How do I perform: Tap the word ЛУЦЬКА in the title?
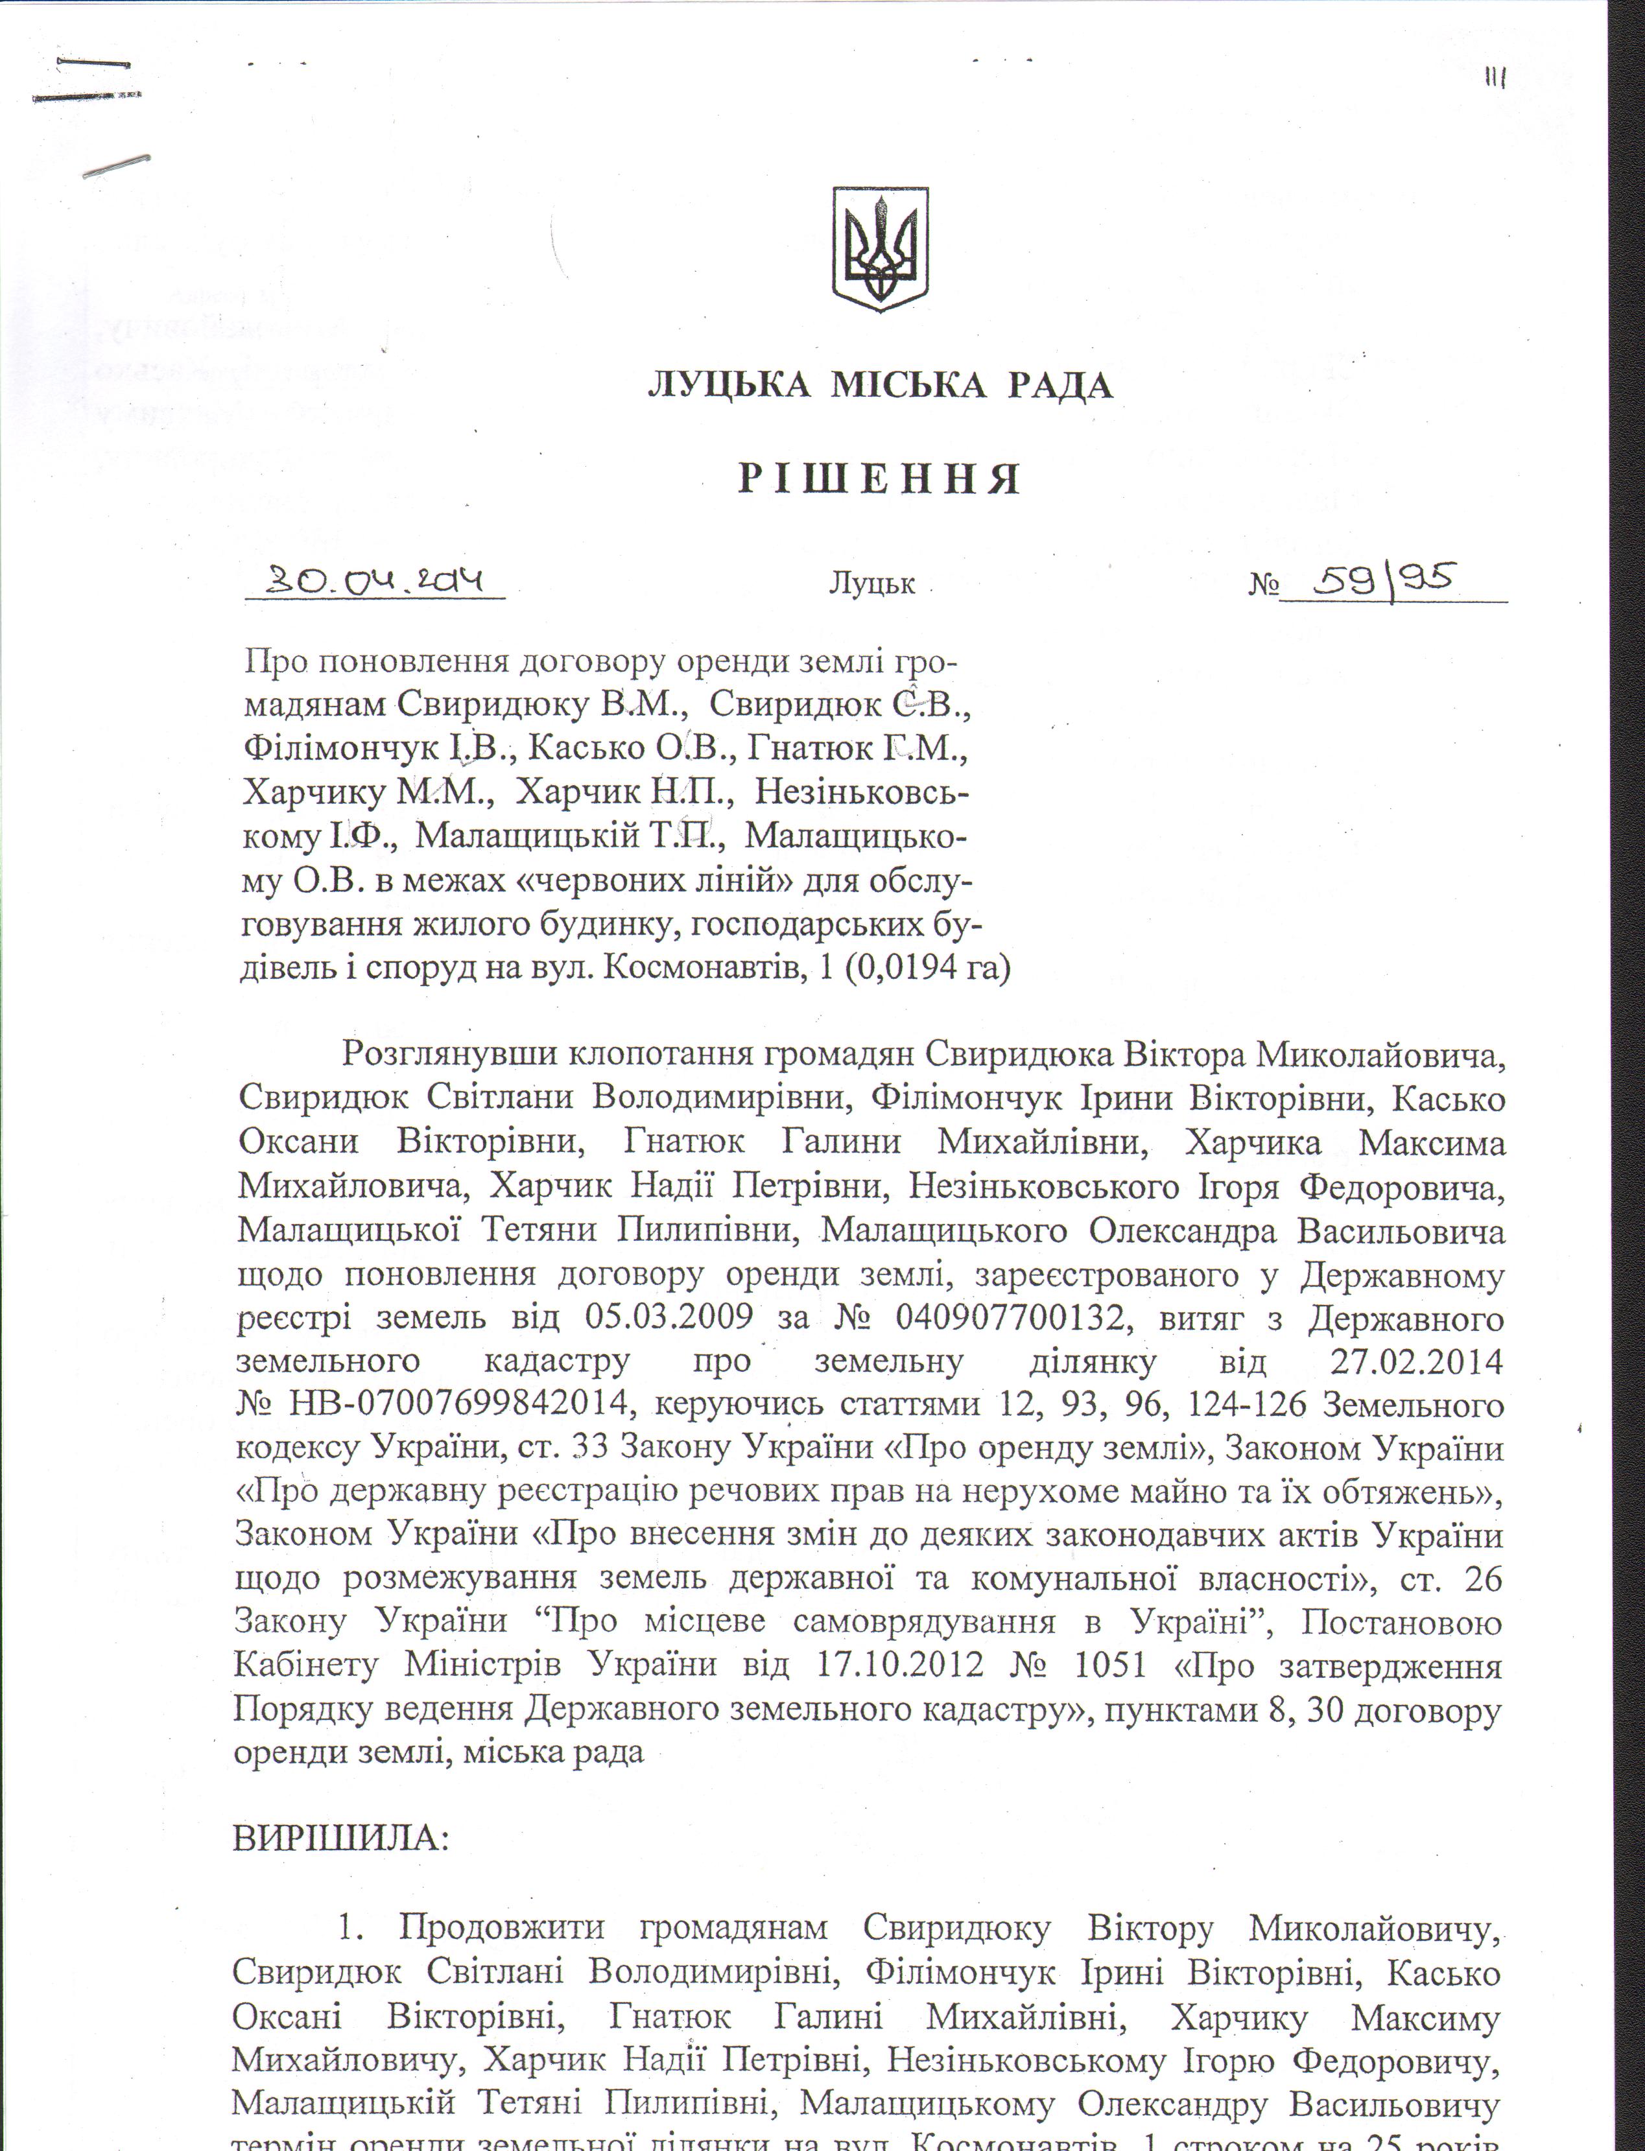click(x=729, y=386)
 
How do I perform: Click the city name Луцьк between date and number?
click(x=871, y=585)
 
